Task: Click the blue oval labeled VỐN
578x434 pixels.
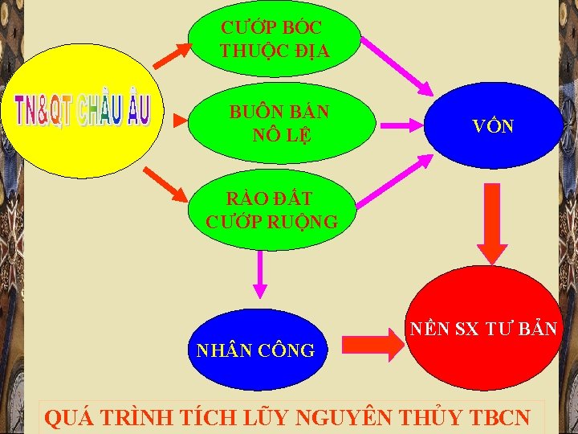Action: coord(494,125)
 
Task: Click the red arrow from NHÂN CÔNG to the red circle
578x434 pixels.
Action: coord(369,346)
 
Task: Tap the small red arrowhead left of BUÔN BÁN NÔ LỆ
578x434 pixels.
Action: coord(179,124)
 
